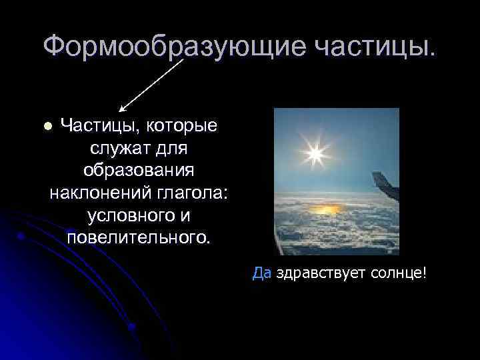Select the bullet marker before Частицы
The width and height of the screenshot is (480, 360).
click(47, 126)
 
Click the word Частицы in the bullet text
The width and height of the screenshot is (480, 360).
click(100, 125)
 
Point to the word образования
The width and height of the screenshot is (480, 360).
click(139, 171)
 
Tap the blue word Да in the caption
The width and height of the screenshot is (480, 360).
click(262, 274)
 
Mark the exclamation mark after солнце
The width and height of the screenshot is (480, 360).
click(423, 273)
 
